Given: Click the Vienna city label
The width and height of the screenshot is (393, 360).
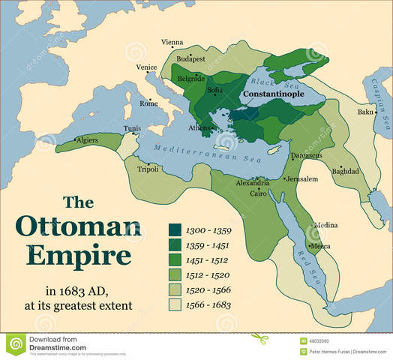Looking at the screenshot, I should point(172,42).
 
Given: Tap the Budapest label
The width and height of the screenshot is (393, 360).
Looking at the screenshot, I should point(191,57).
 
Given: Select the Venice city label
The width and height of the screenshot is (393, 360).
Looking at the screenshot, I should point(147,67).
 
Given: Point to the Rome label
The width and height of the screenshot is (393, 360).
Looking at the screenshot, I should point(149,104).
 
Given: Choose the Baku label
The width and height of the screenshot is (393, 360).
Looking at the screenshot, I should point(365,112).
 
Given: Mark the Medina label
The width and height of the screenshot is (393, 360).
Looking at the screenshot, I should point(325,225).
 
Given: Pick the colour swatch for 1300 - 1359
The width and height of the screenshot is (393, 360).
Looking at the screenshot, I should point(175,229).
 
